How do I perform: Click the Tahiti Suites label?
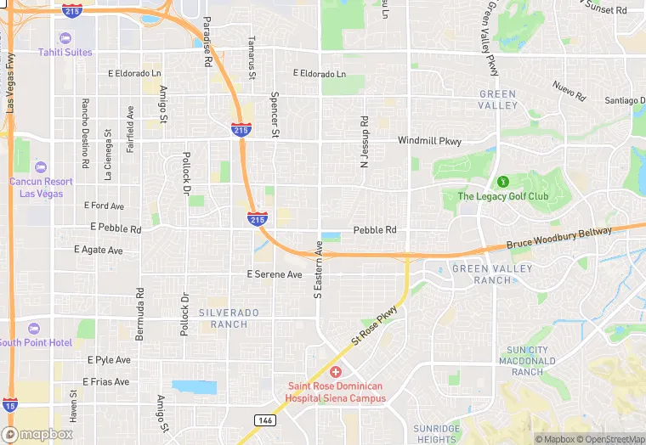coord(65,53)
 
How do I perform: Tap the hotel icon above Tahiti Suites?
coord(65,38)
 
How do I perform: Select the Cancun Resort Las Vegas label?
coord(42,188)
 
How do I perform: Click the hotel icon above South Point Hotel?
coord(34,329)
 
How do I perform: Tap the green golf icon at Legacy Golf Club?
coord(501,181)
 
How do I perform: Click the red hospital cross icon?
coord(335,373)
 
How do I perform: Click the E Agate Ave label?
coord(98,251)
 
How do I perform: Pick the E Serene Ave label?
coord(274,275)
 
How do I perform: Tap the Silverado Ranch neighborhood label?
coord(229,318)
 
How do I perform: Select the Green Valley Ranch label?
coord(492,274)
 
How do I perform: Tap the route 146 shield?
coord(264,420)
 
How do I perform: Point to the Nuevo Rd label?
coord(569,90)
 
